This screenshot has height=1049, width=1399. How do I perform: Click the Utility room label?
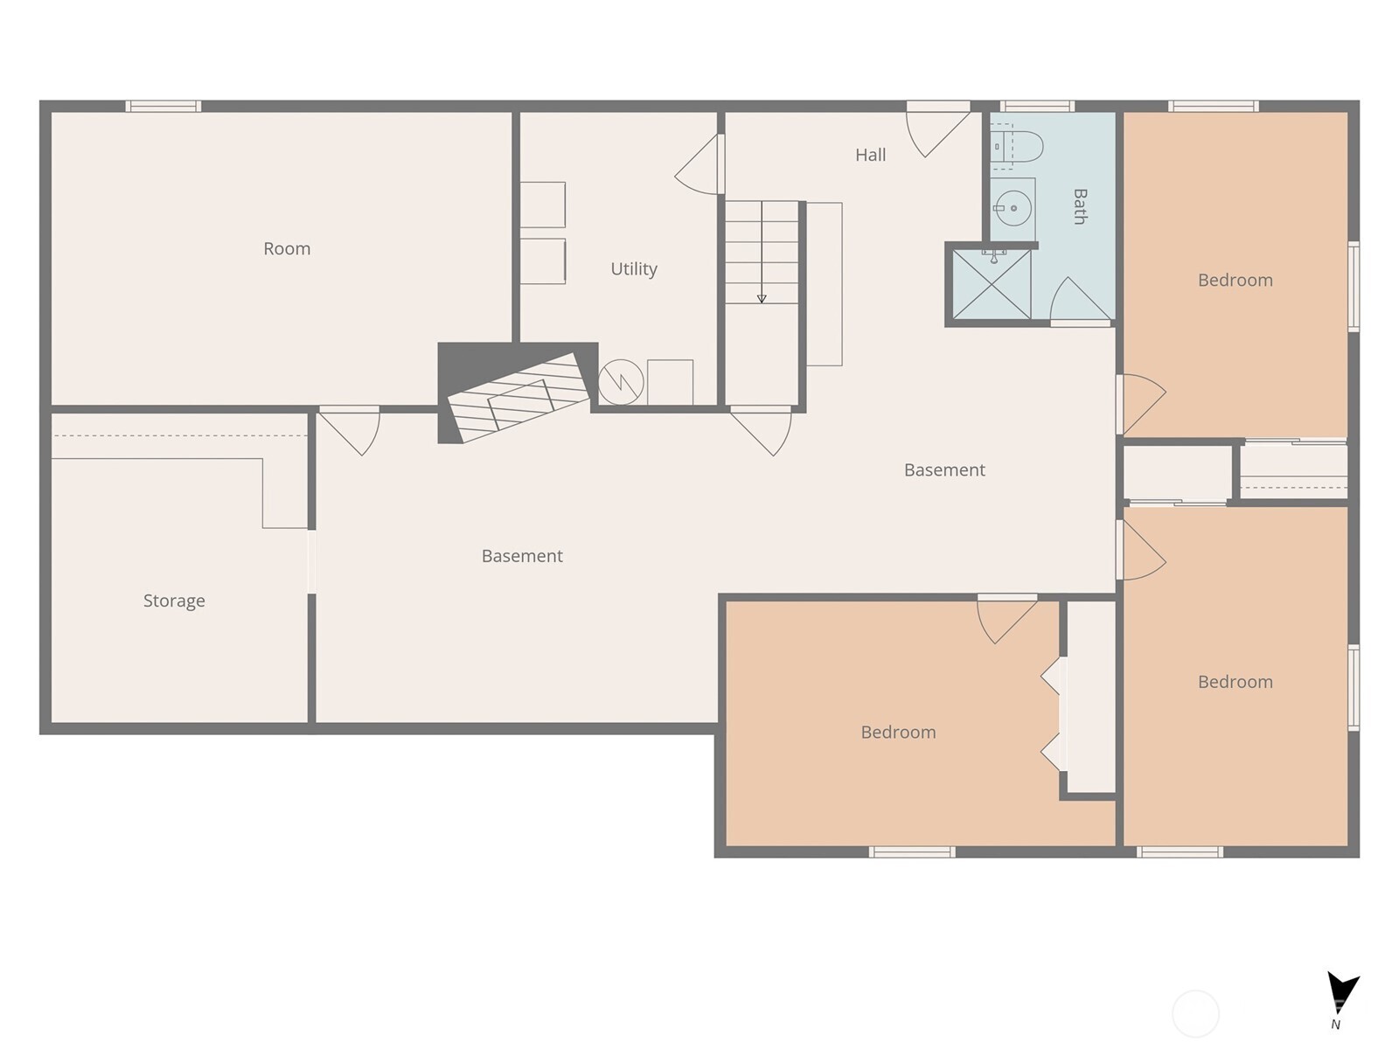pyautogui.click(x=633, y=268)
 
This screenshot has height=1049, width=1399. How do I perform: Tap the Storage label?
pyautogui.click(x=174, y=601)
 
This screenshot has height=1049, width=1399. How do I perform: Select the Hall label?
pyautogui.click(x=870, y=155)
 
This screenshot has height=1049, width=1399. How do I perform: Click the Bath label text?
pyautogui.click(x=1080, y=206)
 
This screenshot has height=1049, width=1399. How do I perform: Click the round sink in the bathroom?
pyautogui.click(x=1013, y=209)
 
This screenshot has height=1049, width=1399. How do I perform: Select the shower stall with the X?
pyautogui.click(x=991, y=285)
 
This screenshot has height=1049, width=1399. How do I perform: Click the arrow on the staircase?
pyautogui.click(x=762, y=298)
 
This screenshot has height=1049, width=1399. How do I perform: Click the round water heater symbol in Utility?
pyautogui.click(x=621, y=382)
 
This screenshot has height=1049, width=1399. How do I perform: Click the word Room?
pyautogui.click(x=287, y=248)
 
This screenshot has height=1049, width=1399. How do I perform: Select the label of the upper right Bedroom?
pyautogui.click(x=1235, y=280)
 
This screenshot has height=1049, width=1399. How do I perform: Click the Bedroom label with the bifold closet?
pyautogui.click(x=898, y=732)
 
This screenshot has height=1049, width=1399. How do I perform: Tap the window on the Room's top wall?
pyautogui.click(x=163, y=107)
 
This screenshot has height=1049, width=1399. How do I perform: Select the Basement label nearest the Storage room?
pyautogui.click(x=522, y=556)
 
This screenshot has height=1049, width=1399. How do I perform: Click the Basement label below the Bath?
pyautogui.click(x=944, y=469)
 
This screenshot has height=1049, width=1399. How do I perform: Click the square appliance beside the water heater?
pyautogui.click(x=670, y=382)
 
